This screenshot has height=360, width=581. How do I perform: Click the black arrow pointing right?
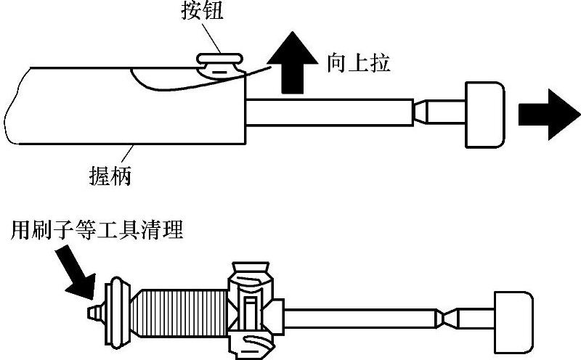coord(548,115)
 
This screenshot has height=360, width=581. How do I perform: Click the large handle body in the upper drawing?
coord(123,105)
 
